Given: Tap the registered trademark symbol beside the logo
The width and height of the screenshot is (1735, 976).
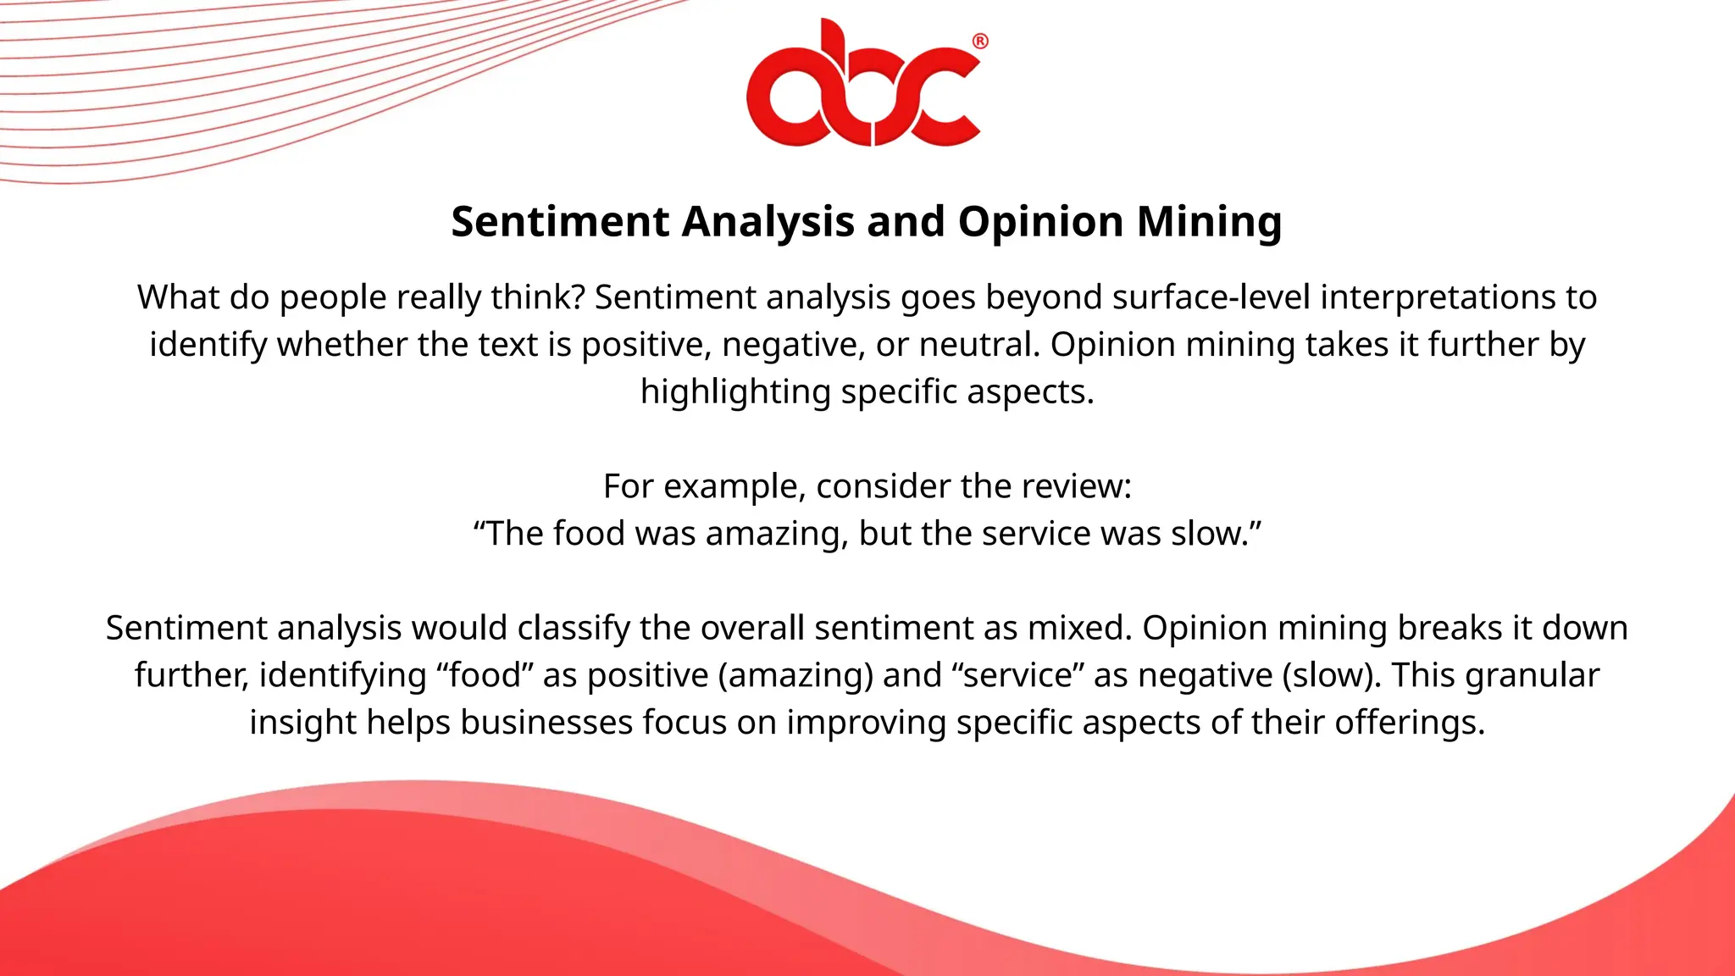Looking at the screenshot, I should click(x=979, y=42).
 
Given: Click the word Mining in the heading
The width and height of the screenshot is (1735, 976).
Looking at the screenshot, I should click(x=1209, y=222).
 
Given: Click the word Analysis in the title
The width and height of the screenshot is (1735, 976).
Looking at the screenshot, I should click(x=768, y=222).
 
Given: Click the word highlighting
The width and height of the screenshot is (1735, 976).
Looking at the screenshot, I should click(x=735, y=392).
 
